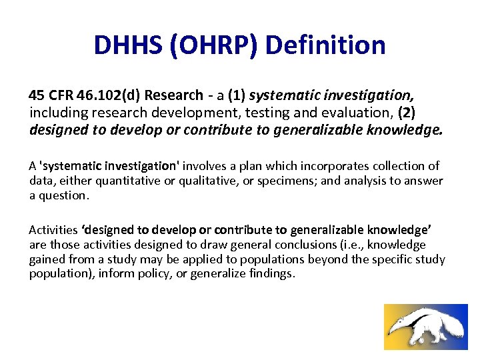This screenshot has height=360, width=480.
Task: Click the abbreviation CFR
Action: click(x=58, y=95)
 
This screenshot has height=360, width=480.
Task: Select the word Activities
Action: click(x=53, y=230)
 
